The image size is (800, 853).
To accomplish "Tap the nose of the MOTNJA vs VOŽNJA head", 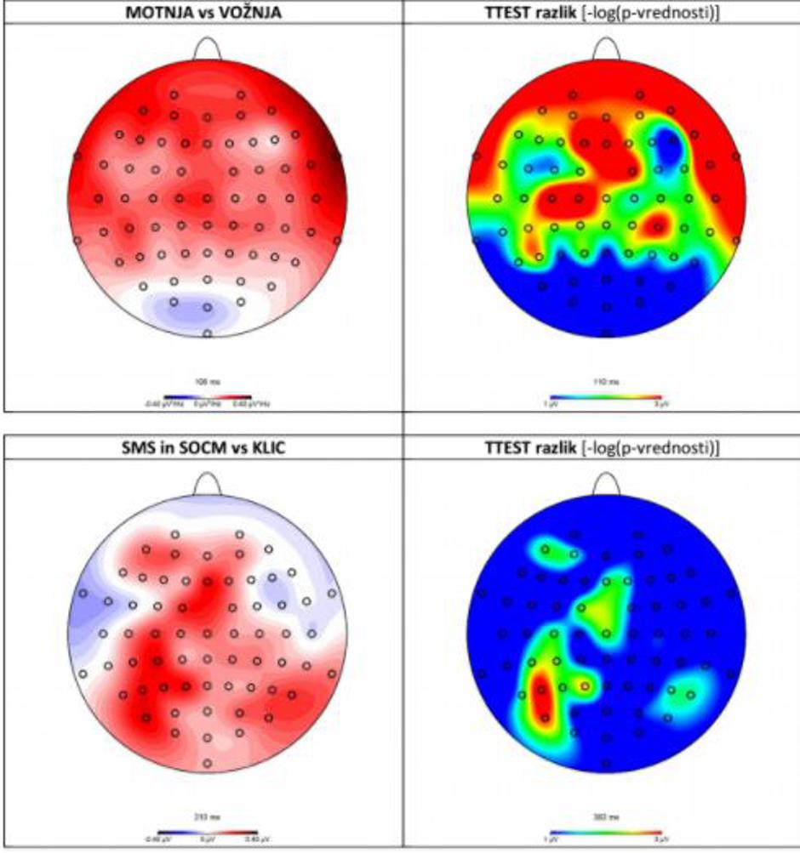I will point(208,49).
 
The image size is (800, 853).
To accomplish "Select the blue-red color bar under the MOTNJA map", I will point(208,396).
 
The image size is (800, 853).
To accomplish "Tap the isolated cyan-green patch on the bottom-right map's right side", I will point(681,694).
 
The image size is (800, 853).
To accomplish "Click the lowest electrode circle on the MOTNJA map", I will point(207,333).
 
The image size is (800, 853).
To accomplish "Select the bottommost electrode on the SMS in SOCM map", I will point(207,763).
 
